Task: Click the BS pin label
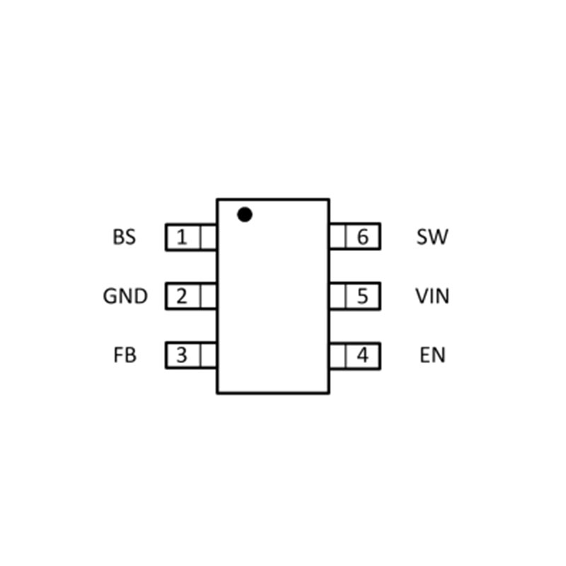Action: point(124,237)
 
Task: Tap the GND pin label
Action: point(125,296)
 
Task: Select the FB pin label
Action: point(125,355)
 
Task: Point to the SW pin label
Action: point(432,237)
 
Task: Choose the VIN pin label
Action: point(432,296)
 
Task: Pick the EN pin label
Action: point(432,355)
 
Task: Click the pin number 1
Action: point(183,237)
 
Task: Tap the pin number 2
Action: point(183,296)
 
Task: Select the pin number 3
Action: point(183,355)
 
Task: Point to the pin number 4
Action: point(363,355)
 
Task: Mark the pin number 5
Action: point(363,296)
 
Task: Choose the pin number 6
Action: point(363,237)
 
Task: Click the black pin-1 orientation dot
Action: point(245,214)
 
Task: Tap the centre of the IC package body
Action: point(272,296)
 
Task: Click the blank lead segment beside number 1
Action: point(208,237)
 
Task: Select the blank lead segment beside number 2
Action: point(208,296)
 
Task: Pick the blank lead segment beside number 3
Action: point(208,355)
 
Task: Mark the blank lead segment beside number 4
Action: point(337,355)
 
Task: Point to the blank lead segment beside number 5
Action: point(337,296)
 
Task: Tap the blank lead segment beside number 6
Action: point(337,237)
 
